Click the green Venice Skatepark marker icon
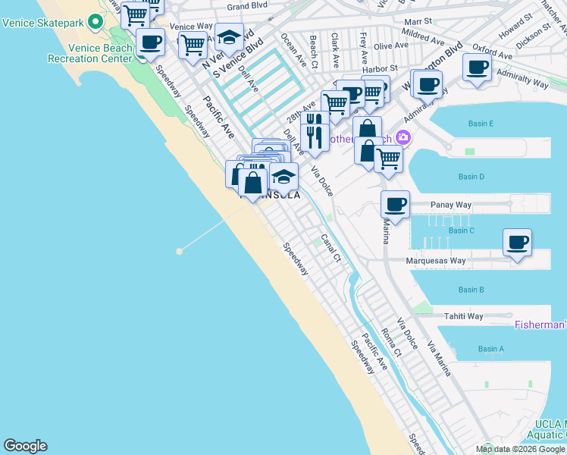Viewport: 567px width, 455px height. (95, 22)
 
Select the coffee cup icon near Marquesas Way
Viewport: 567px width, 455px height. (517, 243)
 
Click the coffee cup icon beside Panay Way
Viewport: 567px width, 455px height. (395, 204)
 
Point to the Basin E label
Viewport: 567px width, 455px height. (481, 124)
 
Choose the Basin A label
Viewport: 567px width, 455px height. (490, 349)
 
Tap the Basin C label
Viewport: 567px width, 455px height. (461, 231)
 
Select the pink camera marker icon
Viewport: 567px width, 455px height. (403, 137)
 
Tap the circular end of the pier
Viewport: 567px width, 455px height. (180, 250)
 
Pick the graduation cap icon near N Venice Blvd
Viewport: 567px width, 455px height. (229, 36)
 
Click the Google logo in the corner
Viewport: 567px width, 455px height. (25, 446)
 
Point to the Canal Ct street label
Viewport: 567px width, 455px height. (331, 248)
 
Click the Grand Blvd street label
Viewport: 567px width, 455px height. (248, 7)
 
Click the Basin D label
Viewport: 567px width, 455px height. (471, 177)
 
